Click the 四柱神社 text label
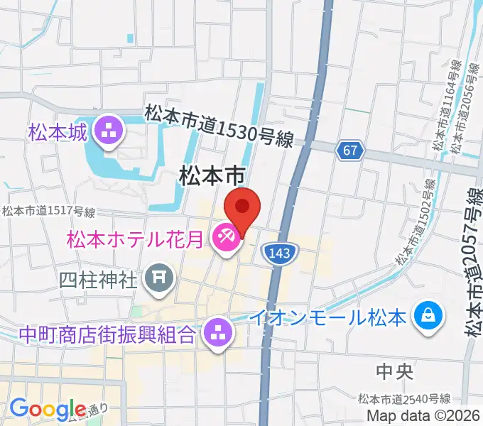click(99, 278)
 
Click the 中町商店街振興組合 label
click(107, 332)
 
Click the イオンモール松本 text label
click(331, 314)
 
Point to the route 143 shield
click(283, 252)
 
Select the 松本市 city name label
click(212, 175)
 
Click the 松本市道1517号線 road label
click(48, 212)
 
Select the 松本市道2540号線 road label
click(404, 398)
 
